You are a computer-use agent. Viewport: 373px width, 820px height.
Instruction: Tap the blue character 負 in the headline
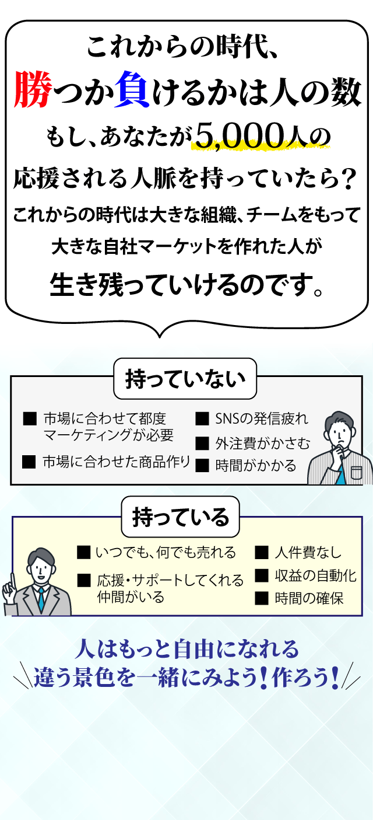[133, 90]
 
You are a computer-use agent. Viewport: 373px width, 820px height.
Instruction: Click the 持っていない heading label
[184, 379]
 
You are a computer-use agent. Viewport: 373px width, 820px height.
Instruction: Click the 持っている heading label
[180, 517]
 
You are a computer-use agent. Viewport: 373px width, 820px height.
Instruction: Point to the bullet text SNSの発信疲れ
[261, 418]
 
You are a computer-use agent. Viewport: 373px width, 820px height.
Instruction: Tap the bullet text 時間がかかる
[255, 465]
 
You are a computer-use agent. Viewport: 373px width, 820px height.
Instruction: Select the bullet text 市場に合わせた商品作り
[116, 462]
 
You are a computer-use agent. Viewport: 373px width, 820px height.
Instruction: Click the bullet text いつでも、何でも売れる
[166, 552]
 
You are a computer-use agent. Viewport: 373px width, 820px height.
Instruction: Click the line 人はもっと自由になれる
[186, 648]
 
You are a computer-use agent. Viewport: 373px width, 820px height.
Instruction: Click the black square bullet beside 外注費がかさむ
[202, 443]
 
